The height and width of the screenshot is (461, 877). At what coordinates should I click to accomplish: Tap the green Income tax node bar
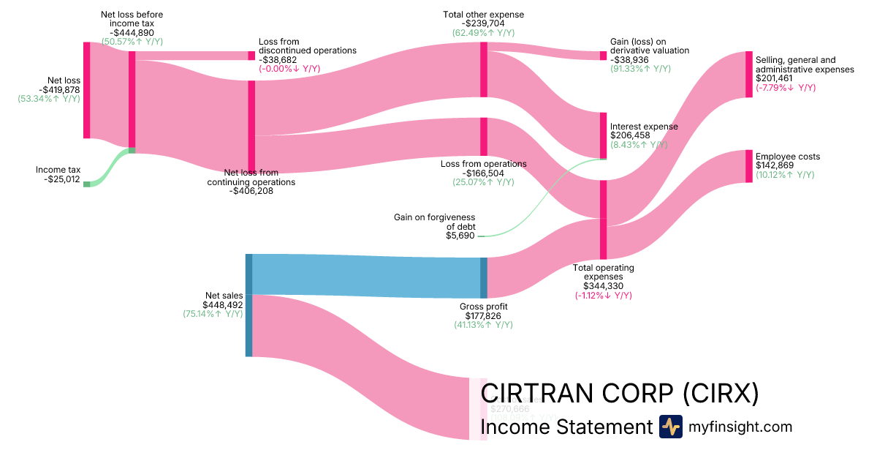[x=86, y=184]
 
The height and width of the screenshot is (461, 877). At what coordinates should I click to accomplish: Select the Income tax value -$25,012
[x=58, y=179]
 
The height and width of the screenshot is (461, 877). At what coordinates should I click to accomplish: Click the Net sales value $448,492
[x=223, y=305]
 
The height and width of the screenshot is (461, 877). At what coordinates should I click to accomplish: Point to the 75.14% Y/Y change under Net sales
[x=213, y=314]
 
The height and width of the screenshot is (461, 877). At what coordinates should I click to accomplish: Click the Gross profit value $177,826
[x=483, y=316]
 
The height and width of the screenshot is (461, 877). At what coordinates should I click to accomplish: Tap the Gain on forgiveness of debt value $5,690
[x=460, y=236]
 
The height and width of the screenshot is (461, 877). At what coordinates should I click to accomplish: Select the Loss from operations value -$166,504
[x=483, y=173]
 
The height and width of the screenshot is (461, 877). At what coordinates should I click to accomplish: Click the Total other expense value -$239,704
[x=483, y=23]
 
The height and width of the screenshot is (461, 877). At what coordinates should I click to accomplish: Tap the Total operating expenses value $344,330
[x=603, y=286]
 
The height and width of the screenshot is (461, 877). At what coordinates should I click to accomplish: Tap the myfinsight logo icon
[x=670, y=427]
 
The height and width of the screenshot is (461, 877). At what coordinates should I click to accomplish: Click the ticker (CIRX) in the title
[x=720, y=394]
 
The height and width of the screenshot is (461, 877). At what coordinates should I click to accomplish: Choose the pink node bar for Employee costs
[x=748, y=166]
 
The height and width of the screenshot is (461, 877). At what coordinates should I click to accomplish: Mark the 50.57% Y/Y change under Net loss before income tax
[x=132, y=42]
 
